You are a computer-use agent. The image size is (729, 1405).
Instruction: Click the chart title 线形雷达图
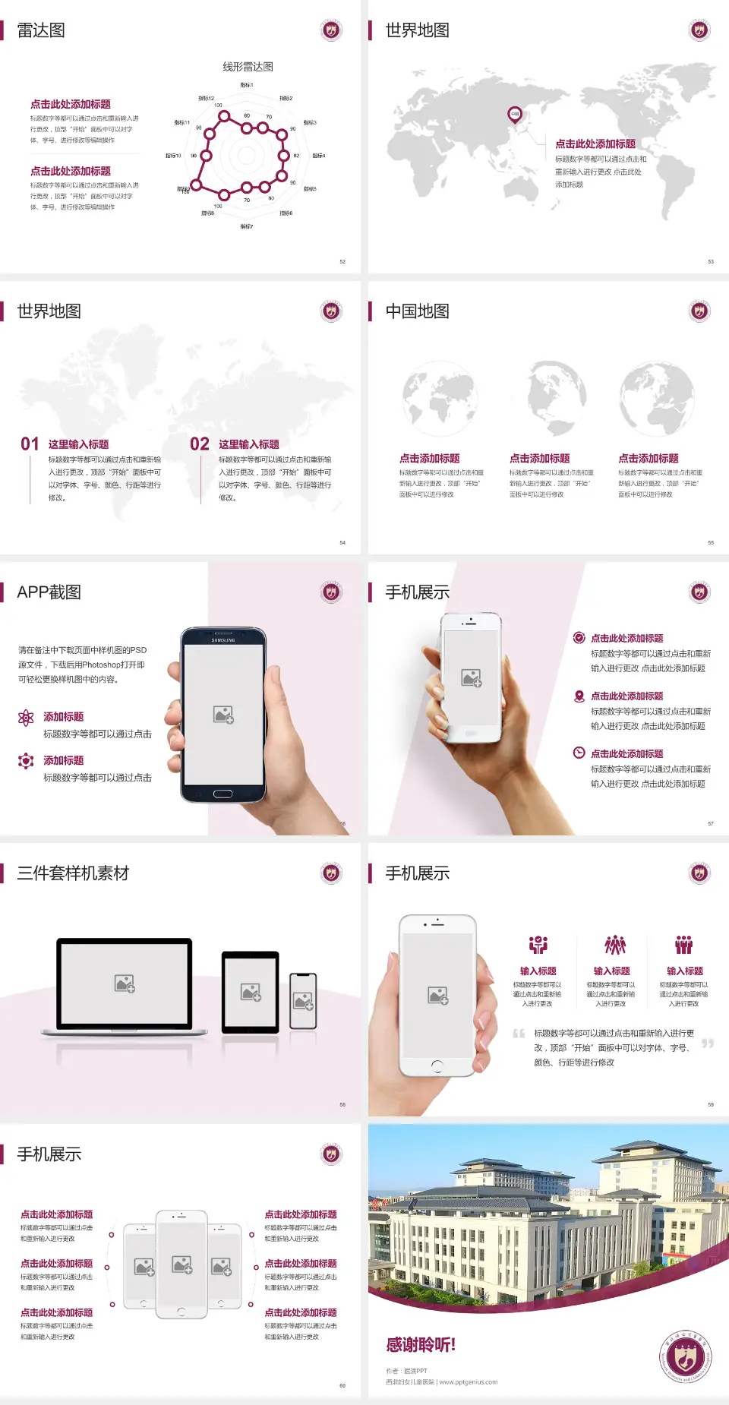click(x=248, y=67)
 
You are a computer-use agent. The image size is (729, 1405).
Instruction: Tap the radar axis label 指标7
click(x=247, y=226)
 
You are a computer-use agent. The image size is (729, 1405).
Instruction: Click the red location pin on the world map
click(x=515, y=115)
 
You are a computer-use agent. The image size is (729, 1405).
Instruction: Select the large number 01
click(x=30, y=444)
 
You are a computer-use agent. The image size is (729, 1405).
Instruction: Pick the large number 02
click(x=200, y=444)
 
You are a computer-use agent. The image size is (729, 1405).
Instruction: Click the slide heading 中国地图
click(x=417, y=311)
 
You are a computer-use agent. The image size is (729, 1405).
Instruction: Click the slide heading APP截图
click(x=49, y=592)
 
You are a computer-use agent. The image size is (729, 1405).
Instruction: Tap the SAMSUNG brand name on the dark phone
click(x=223, y=640)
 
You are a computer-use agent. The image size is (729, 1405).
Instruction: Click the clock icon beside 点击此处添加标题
click(x=579, y=753)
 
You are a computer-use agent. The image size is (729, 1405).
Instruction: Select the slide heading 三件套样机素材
click(x=73, y=873)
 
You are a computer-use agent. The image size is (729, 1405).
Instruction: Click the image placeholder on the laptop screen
click(x=125, y=983)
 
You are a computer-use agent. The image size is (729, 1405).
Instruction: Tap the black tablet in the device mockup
click(x=250, y=992)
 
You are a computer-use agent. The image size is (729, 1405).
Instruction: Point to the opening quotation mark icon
click(x=519, y=1034)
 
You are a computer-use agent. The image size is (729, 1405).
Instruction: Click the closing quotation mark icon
click(x=708, y=1043)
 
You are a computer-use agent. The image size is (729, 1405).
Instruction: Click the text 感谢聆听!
click(x=421, y=1345)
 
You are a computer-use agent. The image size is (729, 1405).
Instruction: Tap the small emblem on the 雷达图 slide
click(x=331, y=30)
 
